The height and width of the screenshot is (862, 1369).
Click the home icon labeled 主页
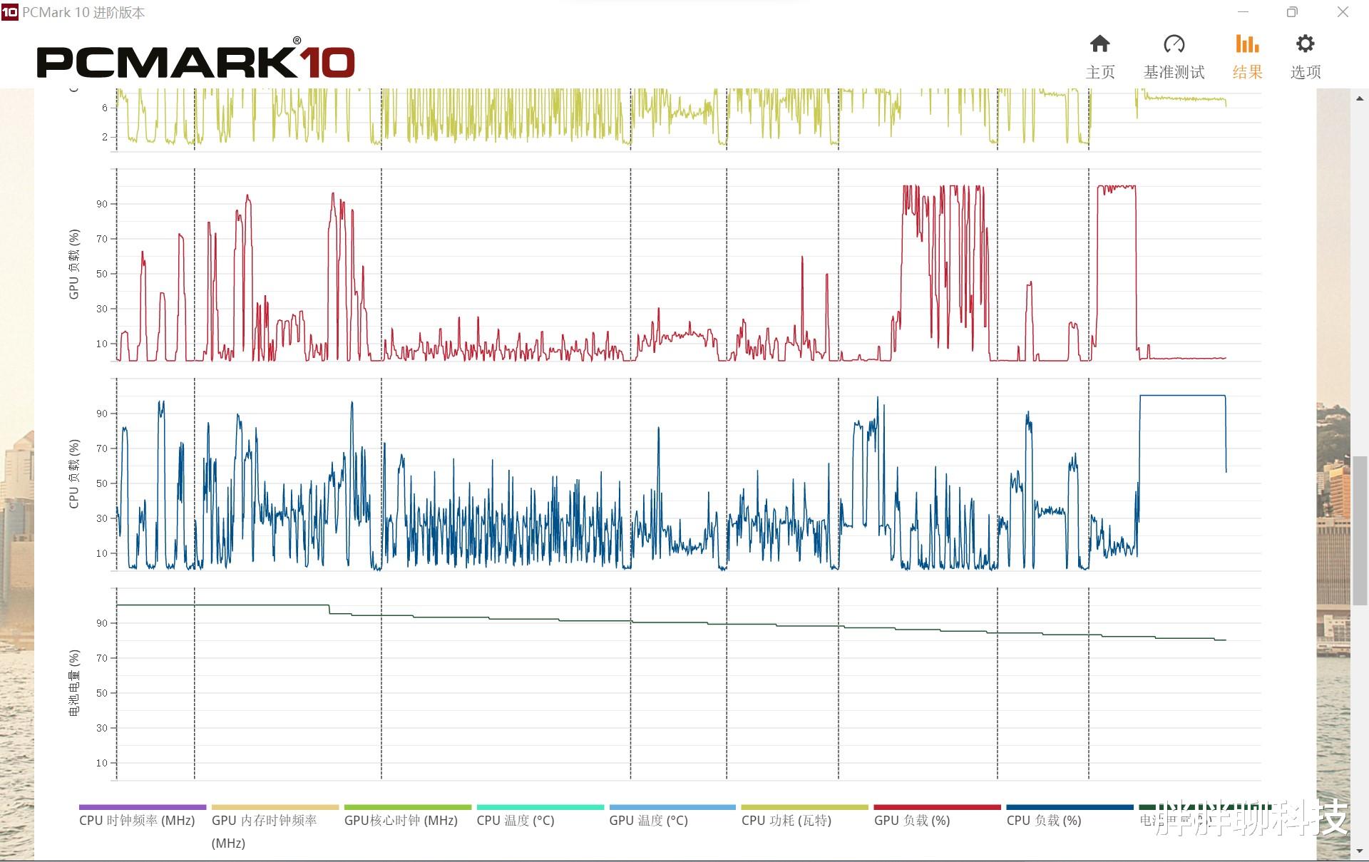1099,45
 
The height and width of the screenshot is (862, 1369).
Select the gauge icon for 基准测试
1174,45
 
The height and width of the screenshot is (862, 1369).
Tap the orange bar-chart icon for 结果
1247,45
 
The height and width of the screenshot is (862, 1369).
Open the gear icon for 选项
1305,45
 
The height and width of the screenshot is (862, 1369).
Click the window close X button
1343,12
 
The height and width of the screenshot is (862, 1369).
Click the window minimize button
1243,12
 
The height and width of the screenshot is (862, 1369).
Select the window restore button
1292,12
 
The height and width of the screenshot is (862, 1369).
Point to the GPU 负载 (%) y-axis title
74,264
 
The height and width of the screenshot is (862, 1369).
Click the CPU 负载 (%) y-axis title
74,473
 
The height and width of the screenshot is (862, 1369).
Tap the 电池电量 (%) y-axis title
74,682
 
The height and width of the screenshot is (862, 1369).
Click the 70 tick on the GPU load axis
102,239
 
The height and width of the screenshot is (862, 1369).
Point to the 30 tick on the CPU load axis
102,518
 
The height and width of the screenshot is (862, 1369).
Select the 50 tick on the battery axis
102,693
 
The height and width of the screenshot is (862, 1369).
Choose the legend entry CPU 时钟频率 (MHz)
137,821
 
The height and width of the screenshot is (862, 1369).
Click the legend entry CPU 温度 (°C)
516,821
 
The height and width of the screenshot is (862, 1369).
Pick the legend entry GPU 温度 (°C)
648,821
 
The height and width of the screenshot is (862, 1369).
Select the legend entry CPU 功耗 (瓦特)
786,821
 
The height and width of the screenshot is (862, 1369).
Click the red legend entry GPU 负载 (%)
912,821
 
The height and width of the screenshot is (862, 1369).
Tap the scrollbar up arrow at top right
1360,98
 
